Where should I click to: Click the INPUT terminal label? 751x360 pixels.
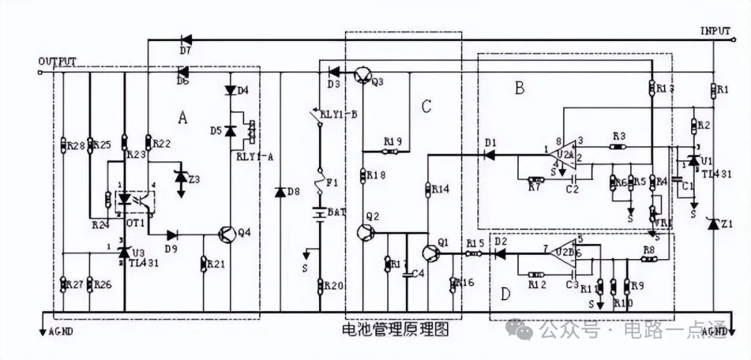(715, 31)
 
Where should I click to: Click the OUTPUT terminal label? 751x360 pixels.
(57, 62)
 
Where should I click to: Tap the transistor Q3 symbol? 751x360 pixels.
(362, 74)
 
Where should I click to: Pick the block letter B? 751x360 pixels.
(518, 88)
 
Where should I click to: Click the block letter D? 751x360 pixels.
(506, 295)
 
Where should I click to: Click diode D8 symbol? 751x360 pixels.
(280, 191)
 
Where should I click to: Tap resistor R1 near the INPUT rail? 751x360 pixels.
(713, 90)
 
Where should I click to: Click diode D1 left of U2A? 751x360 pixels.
(490, 154)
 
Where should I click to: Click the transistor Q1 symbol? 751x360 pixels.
(429, 253)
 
